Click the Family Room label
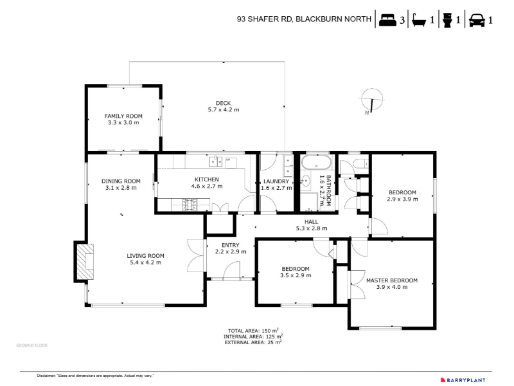[123, 116]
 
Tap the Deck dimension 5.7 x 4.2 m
[224, 109]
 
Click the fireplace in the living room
[86, 261]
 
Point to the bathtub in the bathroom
[316, 162]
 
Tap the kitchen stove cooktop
[190, 205]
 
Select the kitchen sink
[215, 161]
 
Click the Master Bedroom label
[392, 280]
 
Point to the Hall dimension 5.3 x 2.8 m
[312, 228]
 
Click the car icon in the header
[477, 21]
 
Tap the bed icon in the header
[387, 21]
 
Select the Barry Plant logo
[463, 380]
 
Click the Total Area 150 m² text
[253, 331]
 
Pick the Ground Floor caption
[31, 345]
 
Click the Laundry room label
[276, 181]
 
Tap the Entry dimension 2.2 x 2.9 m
[231, 252]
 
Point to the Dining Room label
[121, 181]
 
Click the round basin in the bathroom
[306, 181]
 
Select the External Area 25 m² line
[253, 342]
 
